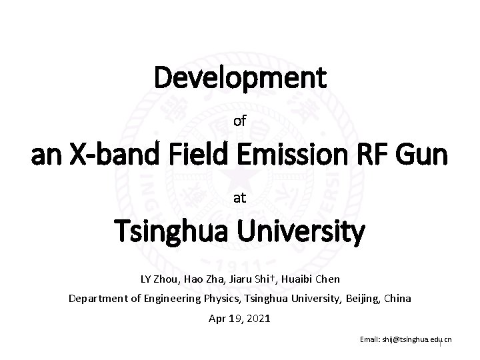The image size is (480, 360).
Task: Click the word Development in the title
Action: pos(240,78)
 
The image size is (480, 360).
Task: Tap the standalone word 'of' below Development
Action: pos(240,121)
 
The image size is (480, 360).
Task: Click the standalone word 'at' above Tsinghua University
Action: pos(240,198)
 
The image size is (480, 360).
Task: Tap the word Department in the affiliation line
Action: pos(97,298)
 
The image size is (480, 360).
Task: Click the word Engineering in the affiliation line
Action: pos(168,298)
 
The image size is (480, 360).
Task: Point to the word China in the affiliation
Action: pos(398,298)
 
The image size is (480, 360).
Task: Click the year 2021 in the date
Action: pos(257,319)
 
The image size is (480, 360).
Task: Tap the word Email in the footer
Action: pos(369,339)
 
